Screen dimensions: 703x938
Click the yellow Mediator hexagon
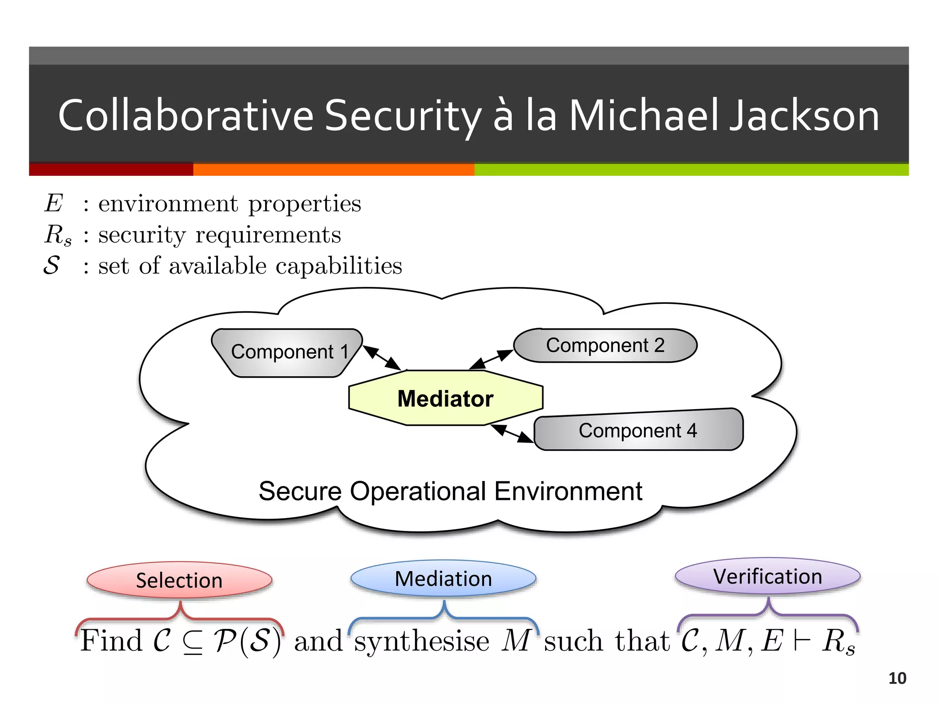[x=446, y=398]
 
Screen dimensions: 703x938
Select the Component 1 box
[x=287, y=352]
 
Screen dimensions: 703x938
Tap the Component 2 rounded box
[x=605, y=346]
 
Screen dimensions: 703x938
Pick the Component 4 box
[x=638, y=430]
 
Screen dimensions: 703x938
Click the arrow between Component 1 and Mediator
[x=382, y=358]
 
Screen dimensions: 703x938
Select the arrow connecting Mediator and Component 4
[x=512, y=433]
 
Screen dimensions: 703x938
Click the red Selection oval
[x=179, y=580]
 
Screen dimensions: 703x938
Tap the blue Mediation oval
[x=443, y=579]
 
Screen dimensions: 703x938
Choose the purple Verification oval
[x=768, y=576]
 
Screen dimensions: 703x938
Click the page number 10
[x=897, y=678]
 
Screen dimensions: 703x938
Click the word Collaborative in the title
[x=186, y=116]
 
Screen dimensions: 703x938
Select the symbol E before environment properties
[x=54, y=203]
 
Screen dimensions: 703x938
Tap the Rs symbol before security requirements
[x=58, y=235]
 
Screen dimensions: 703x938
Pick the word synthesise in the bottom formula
[x=422, y=641]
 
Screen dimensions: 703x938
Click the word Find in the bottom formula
[x=111, y=640]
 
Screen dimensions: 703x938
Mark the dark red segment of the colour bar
[x=111, y=169]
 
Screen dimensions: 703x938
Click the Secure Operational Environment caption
[x=450, y=492]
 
